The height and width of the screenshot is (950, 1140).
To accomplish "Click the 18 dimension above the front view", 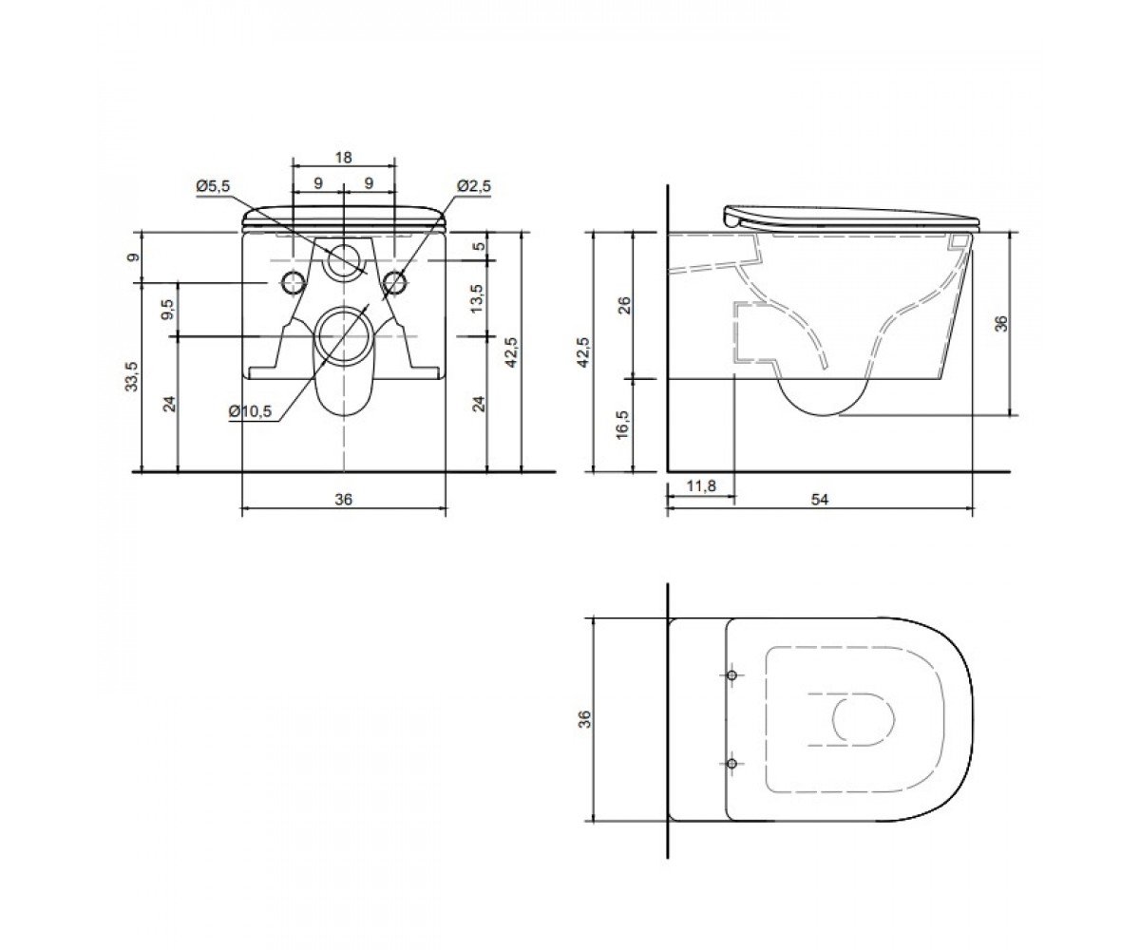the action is (x=343, y=158).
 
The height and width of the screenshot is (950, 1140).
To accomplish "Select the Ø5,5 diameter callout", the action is (x=213, y=186).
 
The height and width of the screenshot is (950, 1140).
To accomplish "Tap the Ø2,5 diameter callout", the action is (x=474, y=186).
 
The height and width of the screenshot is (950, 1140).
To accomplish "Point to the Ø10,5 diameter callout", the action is (x=250, y=410).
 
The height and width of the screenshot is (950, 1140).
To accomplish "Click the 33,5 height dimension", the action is (x=132, y=377).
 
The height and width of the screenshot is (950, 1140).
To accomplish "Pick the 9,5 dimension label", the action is (x=168, y=310).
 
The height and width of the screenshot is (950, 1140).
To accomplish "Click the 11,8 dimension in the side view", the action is (x=701, y=485).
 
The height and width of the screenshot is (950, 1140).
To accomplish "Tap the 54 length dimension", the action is (x=820, y=500).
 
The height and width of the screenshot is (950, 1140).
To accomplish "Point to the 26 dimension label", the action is (x=624, y=305).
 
